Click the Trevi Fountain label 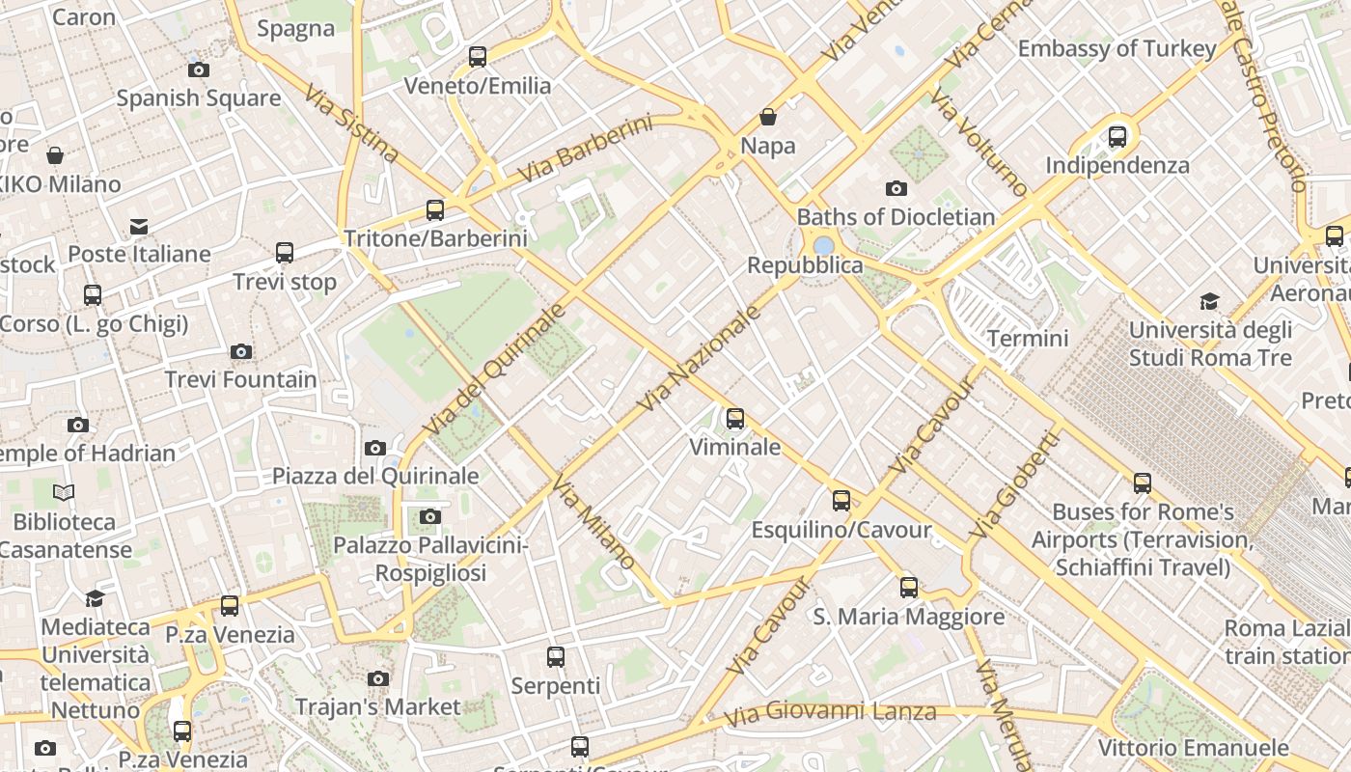[x=240, y=379]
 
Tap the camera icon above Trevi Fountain [x=241, y=351]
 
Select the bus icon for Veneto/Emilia [x=478, y=57]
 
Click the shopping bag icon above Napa [x=768, y=117]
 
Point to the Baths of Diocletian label [x=896, y=216]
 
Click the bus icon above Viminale [x=735, y=419]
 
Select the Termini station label [x=1028, y=338]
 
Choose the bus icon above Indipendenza [x=1117, y=137]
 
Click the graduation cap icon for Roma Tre [x=1209, y=301]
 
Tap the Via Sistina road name [x=351, y=124]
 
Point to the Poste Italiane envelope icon [x=140, y=227]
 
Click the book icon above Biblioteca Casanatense [x=64, y=493]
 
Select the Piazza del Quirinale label [x=375, y=476]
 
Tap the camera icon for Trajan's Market [x=378, y=679]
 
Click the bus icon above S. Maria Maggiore [x=909, y=587]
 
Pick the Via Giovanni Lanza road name [x=830, y=713]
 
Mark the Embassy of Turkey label [x=1117, y=48]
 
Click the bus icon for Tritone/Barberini [x=435, y=210]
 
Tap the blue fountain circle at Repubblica [x=823, y=246]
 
